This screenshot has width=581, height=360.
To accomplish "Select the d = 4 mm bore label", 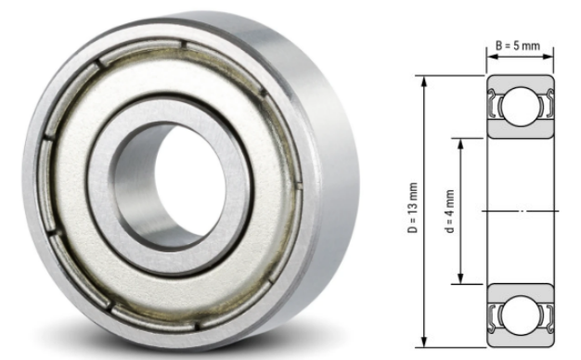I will [450, 211].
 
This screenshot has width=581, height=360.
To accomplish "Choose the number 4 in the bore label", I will [450, 203].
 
